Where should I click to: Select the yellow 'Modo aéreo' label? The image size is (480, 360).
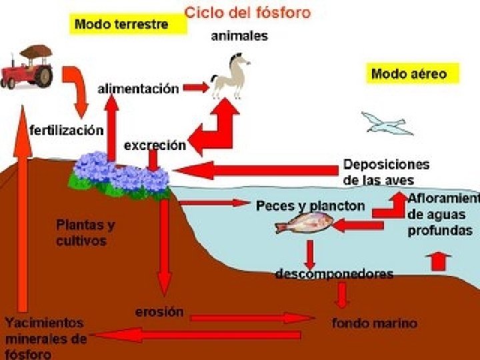(413, 73)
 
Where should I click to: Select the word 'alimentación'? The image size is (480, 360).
(139, 88)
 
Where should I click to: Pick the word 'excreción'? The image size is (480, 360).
(155, 145)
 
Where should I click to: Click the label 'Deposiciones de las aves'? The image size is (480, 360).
(387, 171)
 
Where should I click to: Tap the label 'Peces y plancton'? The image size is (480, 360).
(311, 206)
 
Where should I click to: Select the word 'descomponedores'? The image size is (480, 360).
(335, 274)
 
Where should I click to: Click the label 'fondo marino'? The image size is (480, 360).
(375, 323)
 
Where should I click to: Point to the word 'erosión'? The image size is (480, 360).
(159, 311)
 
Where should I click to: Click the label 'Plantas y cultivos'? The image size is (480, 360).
(85, 233)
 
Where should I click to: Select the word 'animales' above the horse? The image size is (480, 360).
(239, 36)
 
